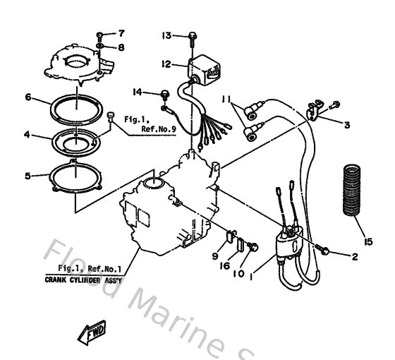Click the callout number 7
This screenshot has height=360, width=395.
point(121,33)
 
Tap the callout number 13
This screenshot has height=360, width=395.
point(166,35)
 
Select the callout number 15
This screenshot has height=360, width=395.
point(368,242)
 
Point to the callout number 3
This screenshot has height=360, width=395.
point(347,125)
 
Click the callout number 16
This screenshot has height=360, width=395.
point(225,265)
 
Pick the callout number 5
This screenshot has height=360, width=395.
point(28,176)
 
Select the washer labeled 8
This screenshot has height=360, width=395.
point(100,46)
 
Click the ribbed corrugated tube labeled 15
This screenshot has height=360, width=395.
point(352,190)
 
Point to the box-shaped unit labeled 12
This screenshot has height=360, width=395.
point(204,70)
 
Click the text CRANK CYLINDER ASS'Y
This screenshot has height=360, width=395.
point(83,280)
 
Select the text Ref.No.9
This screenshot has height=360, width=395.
point(159,129)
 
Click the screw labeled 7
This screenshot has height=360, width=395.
point(99,37)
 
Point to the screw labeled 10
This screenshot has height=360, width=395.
point(253,246)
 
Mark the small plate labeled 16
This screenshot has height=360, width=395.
point(241,244)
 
